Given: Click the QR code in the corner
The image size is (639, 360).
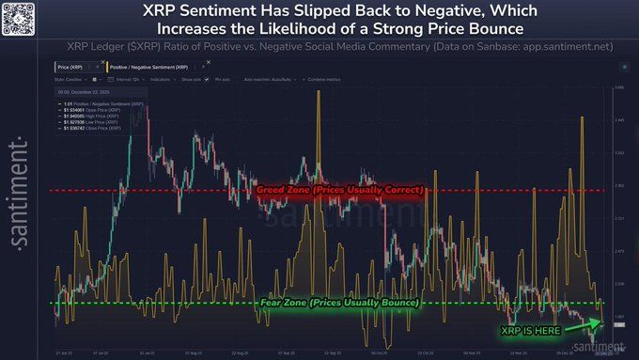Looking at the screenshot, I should tap(18, 18).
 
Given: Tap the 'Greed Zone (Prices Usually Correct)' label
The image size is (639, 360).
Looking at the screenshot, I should tap(341, 190).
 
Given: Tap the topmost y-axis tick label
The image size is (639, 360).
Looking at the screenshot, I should tap(618, 87).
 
